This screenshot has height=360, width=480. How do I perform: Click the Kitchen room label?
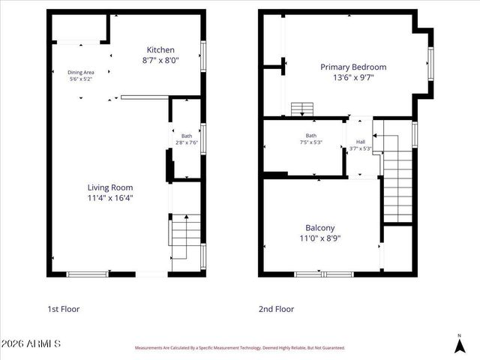[160, 49]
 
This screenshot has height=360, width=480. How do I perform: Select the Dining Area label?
[81, 72]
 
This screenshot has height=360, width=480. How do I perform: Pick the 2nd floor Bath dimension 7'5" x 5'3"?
[310, 142]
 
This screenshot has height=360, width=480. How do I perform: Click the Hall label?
[361, 142]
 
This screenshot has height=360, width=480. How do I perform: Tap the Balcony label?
[319, 227]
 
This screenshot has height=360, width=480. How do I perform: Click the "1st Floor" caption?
[63, 308]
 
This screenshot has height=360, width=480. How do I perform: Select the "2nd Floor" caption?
[277, 308]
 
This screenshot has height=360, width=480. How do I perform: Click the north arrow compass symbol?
[459, 343]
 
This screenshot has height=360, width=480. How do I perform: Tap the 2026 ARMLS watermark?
[31, 343]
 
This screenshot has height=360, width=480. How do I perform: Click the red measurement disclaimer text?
[239, 348]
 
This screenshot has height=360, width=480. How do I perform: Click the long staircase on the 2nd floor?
[398, 184]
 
